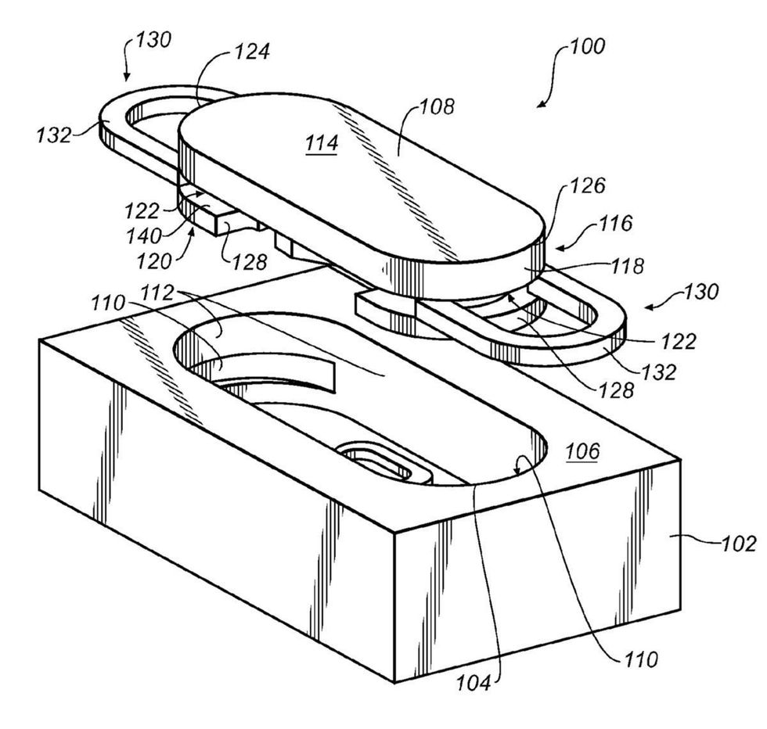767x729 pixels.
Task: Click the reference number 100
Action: click(x=587, y=46)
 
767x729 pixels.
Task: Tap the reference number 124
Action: click(x=252, y=53)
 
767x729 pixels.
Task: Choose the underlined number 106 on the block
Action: click(x=583, y=451)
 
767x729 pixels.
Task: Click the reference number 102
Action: click(x=739, y=543)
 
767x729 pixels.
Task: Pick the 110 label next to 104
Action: click(x=643, y=659)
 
